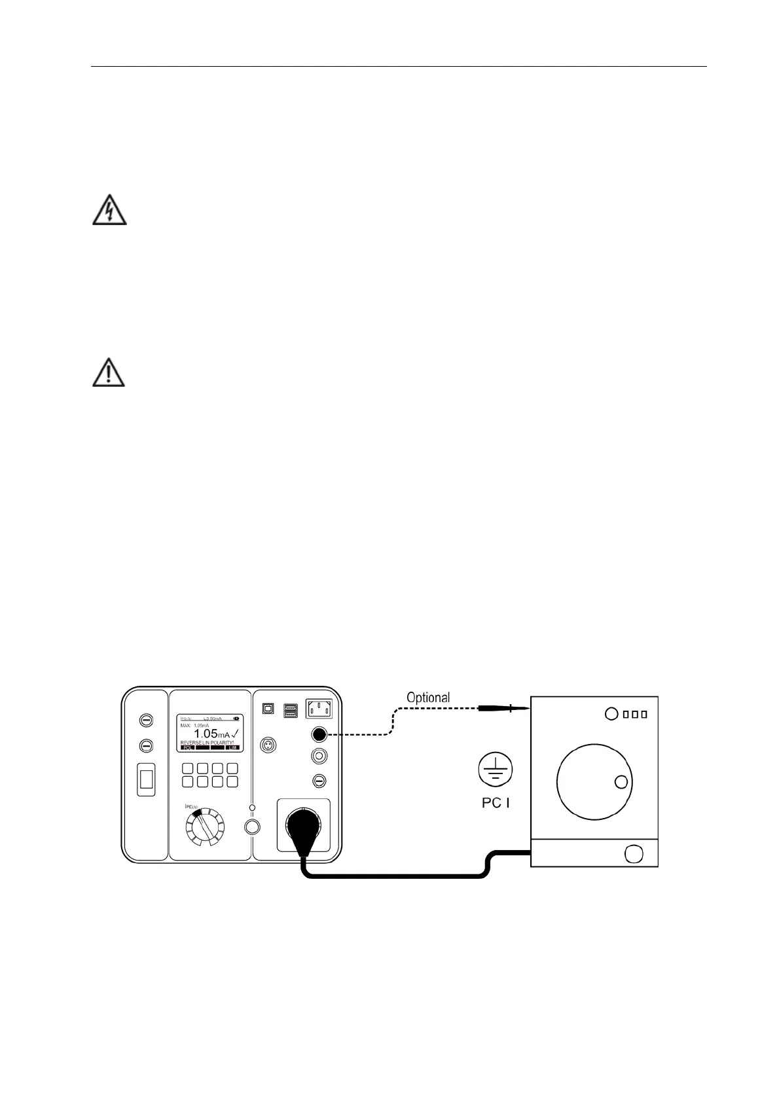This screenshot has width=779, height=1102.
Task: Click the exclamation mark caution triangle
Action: (x=108, y=373)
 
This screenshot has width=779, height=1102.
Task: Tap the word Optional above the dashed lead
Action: (x=428, y=698)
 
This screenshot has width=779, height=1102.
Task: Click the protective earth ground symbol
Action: (x=496, y=768)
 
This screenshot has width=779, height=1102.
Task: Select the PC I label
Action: (x=496, y=802)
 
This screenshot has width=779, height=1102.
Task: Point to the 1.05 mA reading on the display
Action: (x=211, y=734)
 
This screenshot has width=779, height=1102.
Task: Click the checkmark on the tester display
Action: (x=234, y=733)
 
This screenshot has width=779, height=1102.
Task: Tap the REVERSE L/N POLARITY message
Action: (x=207, y=743)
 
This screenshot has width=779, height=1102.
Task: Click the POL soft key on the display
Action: (x=188, y=747)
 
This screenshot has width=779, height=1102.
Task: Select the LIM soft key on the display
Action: (x=232, y=747)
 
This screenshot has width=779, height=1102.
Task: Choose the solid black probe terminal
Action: (x=319, y=734)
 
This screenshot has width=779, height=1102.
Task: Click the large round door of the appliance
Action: (x=594, y=781)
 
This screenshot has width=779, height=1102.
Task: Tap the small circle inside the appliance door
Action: (x=621, y=781)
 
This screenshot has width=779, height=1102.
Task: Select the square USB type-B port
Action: (x=268, y=709)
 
